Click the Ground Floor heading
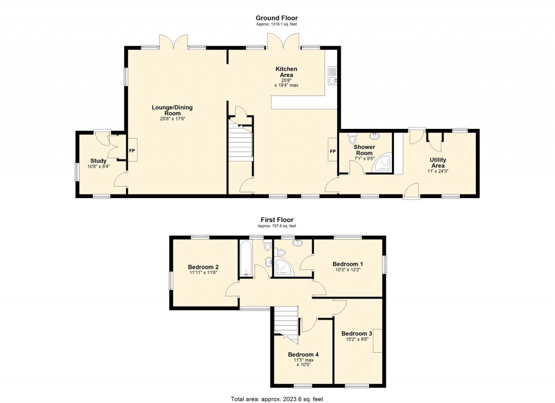(x=277, y=18)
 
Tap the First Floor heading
(x=277, y=219)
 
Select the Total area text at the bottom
(x=277, y=399)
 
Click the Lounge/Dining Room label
(x=172, y=110)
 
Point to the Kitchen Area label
(x=286, y=72)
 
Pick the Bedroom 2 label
(x=203, y=267)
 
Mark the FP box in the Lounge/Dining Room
(x=132, y=151)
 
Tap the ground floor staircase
(x=240, y=142)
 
